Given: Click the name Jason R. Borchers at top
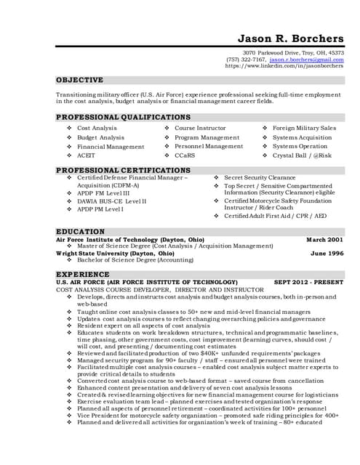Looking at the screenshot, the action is [291, 38].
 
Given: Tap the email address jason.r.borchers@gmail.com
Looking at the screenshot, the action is [306, 59].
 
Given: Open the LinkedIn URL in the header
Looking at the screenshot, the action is [284, 65].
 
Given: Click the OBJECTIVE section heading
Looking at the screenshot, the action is [80, 80].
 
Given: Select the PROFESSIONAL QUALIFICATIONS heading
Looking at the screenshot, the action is [124, 117].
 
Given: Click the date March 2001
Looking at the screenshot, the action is [325, 239].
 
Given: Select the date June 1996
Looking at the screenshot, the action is [327, 253].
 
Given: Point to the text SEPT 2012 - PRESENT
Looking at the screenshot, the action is [308, 281].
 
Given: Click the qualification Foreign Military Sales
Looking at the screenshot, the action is [304, 128].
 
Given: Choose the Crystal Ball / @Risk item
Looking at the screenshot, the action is [302, 155].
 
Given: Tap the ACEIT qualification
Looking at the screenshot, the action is [86, 155].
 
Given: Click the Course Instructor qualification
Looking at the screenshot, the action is [200, 128].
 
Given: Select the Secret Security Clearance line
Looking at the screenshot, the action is [260, 177].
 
